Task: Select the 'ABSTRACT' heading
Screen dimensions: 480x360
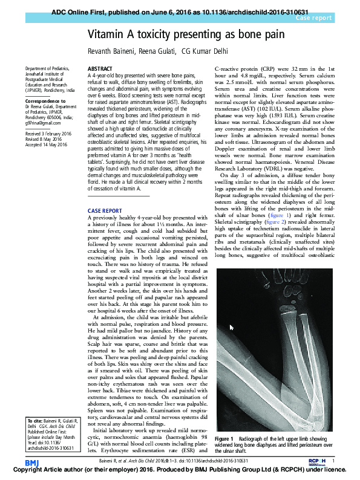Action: coord(99,69)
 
